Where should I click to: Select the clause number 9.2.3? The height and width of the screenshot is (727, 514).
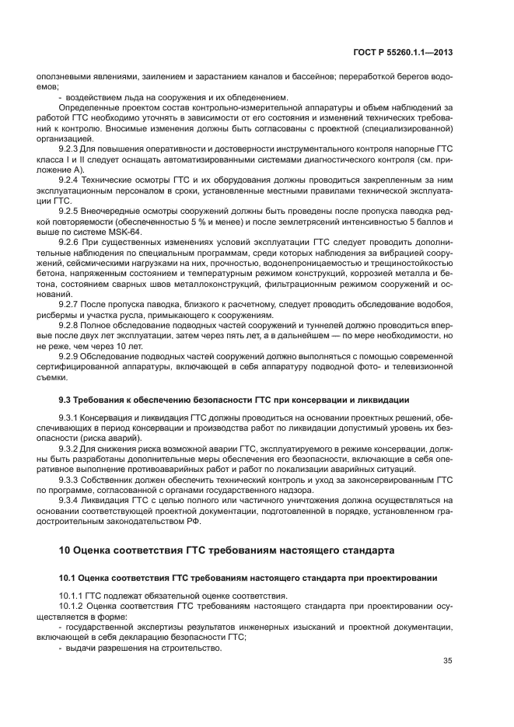pos(70,148)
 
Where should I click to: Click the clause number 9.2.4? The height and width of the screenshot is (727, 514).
pos(70,179)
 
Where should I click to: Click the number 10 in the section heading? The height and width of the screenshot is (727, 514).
pos(65,550)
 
